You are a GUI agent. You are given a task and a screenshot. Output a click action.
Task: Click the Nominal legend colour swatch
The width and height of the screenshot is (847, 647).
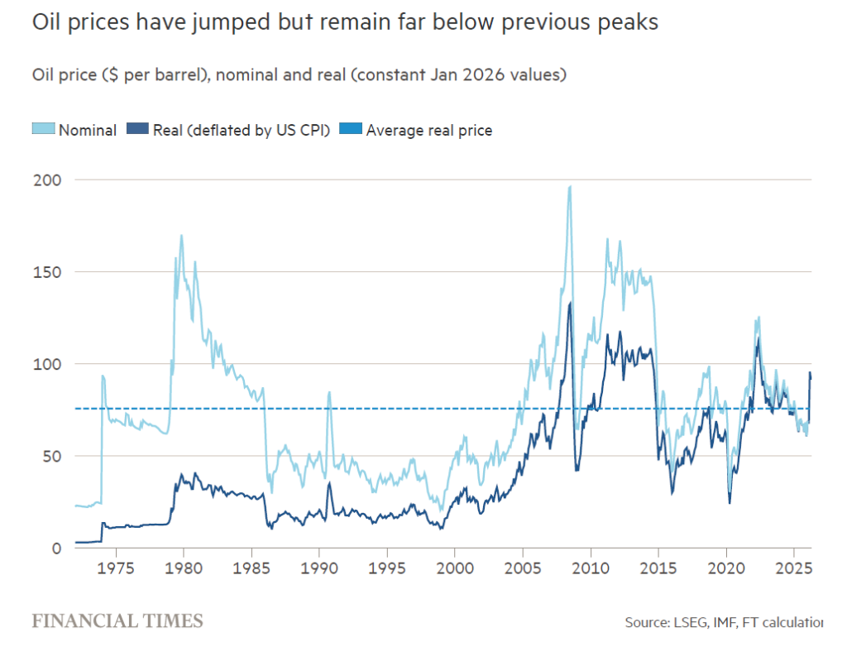44,129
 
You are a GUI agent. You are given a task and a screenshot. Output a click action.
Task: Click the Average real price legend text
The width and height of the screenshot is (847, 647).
428,130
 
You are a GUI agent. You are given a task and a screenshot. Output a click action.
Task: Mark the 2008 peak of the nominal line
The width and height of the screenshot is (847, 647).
570,187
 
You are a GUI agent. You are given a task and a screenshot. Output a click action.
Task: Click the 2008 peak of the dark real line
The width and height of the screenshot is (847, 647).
571,303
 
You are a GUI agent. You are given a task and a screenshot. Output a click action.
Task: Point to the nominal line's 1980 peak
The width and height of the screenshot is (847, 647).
181,236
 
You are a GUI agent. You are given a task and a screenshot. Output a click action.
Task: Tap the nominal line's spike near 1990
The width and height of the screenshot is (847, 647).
329,393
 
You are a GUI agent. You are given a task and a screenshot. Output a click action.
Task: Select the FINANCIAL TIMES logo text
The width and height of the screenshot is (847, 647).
117,620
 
